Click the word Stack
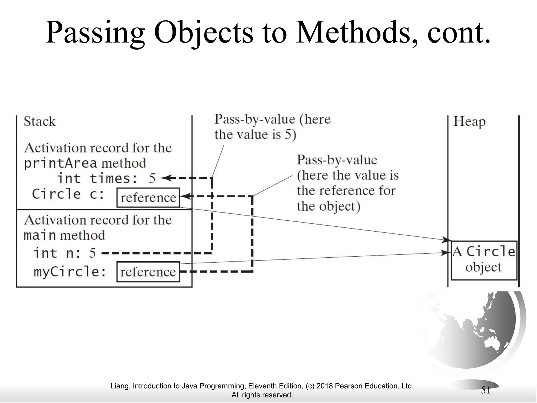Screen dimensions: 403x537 pos(40,121)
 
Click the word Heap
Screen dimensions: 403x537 pos(469,122)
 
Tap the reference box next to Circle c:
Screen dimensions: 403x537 pos(148,198)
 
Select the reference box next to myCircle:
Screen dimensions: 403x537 pos(148,272)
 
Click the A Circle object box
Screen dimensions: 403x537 pos(484,260)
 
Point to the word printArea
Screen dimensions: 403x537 pos(61,163)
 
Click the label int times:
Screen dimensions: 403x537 pos(97,179)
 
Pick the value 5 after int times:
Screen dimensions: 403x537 pos(152,179)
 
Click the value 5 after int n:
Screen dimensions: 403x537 pos(92,253)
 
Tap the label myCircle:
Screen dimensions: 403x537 pos(70,272)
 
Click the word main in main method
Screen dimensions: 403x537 pos(40,235)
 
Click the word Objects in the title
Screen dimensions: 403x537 pos(203,33)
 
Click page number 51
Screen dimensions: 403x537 pos(486,390)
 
